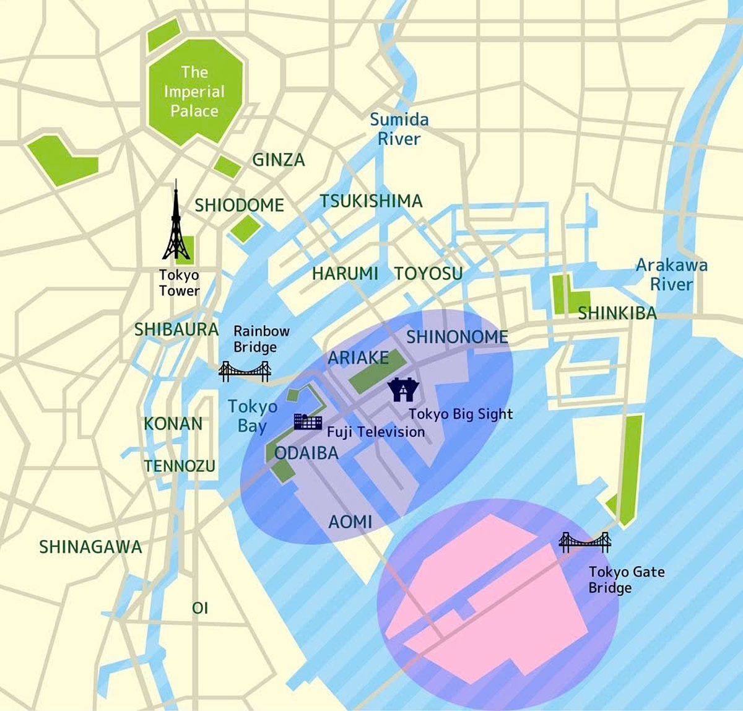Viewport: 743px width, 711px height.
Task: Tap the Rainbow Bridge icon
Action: click(245, 371)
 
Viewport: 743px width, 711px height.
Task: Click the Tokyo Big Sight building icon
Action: click(404, 390)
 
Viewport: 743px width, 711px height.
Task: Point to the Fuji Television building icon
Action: click(308, 421)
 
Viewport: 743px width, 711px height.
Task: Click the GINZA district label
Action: click(279, 160)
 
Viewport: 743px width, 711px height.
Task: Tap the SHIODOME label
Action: click(239, 205)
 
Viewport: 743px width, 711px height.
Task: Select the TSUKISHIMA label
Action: click(371, 201)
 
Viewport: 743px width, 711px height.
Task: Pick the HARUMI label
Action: click(345, 273)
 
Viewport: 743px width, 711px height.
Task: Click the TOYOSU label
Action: click(428, 273)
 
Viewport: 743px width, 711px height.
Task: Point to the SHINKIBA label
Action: click(617, 313)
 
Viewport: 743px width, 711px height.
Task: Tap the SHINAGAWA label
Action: click(90, 547)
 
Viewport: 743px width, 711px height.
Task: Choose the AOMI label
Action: click(350, 522)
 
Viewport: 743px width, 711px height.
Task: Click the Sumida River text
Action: click(399, 129)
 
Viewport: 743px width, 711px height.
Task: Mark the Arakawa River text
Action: click(672, 274)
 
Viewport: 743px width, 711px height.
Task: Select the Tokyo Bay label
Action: click(253, 416)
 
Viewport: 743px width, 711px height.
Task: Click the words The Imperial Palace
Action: click(194, 92)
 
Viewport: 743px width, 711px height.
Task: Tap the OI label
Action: click(200, 608)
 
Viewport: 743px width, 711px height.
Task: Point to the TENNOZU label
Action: click(180, 466)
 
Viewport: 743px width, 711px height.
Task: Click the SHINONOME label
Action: click(457, 337)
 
